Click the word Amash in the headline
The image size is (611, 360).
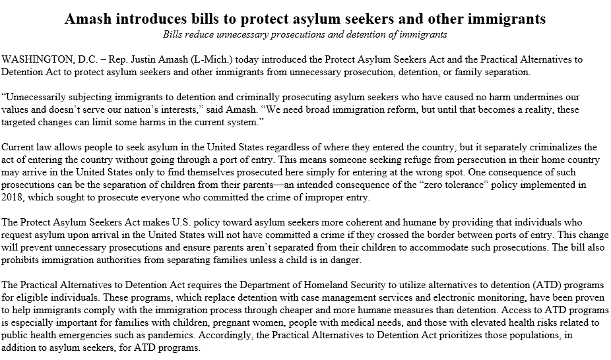(91, 19)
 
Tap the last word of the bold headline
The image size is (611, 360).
(513, 19)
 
